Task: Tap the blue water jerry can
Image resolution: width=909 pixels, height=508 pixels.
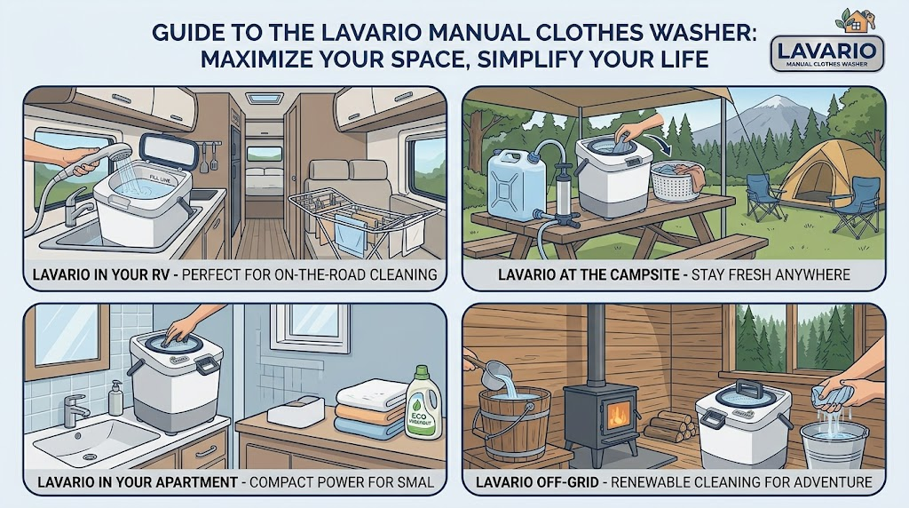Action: coord(516,185)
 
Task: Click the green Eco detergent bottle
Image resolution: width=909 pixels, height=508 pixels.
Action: coord(423,402)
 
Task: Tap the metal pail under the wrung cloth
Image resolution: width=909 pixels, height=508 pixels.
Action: coord(834,443)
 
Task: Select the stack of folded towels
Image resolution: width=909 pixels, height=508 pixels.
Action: coord(372,409)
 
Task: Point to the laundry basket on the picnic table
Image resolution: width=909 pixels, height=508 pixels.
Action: coord(677,180)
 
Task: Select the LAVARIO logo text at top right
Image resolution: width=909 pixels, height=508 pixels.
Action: coord(827,51)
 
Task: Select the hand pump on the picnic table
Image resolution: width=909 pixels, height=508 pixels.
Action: coord(561,195)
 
